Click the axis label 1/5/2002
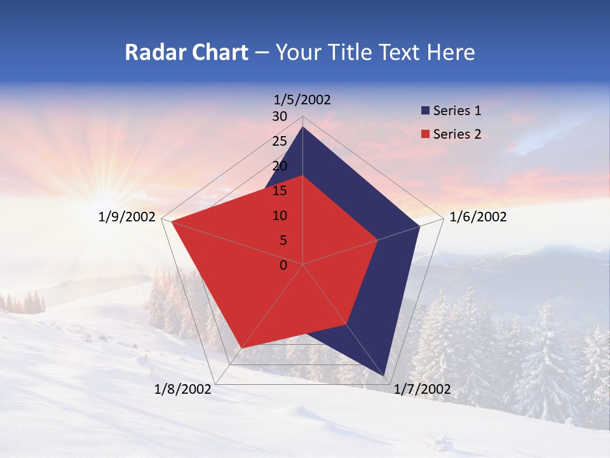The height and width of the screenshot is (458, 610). tap(302, 99)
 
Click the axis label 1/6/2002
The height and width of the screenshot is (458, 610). tap(478, 217)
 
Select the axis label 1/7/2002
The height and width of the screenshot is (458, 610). tap(422, 389)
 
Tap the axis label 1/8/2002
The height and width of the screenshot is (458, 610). tap(183, 389)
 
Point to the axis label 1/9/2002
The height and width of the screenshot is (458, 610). tap(127, 217)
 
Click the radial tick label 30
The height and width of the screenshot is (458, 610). tap(280, 116)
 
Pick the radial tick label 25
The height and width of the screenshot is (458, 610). tap(280, 141)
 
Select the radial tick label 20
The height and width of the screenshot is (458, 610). tap(280, 166)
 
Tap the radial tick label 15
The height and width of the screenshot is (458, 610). tap(280, 191)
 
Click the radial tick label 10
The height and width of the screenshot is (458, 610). tap(280, 216)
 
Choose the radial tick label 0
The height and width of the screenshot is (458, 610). tap(283, 265)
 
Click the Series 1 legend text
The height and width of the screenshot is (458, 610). tap(457, 111)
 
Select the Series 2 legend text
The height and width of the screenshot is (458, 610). tap(457, 134)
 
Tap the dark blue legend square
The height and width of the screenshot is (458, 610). tap(425, 111)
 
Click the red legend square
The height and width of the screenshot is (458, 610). tap(425, 135)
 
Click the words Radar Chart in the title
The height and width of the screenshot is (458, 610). tap(186, 53)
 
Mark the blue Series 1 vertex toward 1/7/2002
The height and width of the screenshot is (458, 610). tap(385, 375)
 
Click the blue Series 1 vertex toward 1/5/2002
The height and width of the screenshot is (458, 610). tap(303, 127)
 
